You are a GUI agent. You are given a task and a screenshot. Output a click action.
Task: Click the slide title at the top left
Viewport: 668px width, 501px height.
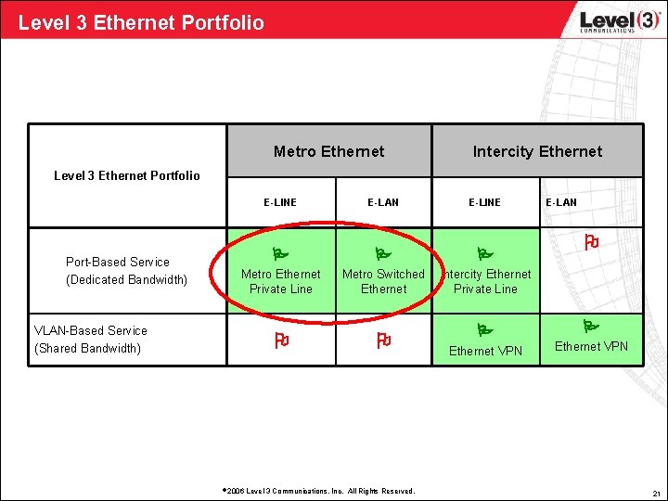pos(141,22)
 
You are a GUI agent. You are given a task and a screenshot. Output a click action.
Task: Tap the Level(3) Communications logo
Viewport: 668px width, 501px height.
pos(609,21)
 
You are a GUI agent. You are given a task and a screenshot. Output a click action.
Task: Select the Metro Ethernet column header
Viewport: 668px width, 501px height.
pos(328,151)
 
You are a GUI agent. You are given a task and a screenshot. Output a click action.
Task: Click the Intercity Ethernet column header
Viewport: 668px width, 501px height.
pos(537,151)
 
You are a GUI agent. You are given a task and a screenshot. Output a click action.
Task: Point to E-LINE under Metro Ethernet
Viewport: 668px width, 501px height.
pos(280,202)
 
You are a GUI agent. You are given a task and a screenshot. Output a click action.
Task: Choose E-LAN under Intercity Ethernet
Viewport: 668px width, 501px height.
pos(560,202)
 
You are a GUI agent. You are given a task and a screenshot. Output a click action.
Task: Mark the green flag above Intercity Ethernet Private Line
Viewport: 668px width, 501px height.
pos(482,253)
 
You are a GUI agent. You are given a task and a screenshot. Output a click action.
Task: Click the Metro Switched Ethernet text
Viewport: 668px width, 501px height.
pos(383,281)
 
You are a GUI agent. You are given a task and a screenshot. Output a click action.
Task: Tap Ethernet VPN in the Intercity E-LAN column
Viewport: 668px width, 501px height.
pos(591,347)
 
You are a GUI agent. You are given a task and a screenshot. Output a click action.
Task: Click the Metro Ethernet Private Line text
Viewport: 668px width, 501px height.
pos(280,281)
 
